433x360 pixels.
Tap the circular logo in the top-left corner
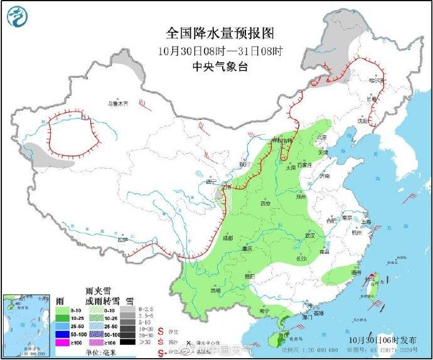click(19, 18)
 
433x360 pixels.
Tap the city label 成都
click(227, 238)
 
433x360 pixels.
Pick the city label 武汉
click(308, 235)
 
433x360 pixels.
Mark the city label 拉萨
click(122, 239)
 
